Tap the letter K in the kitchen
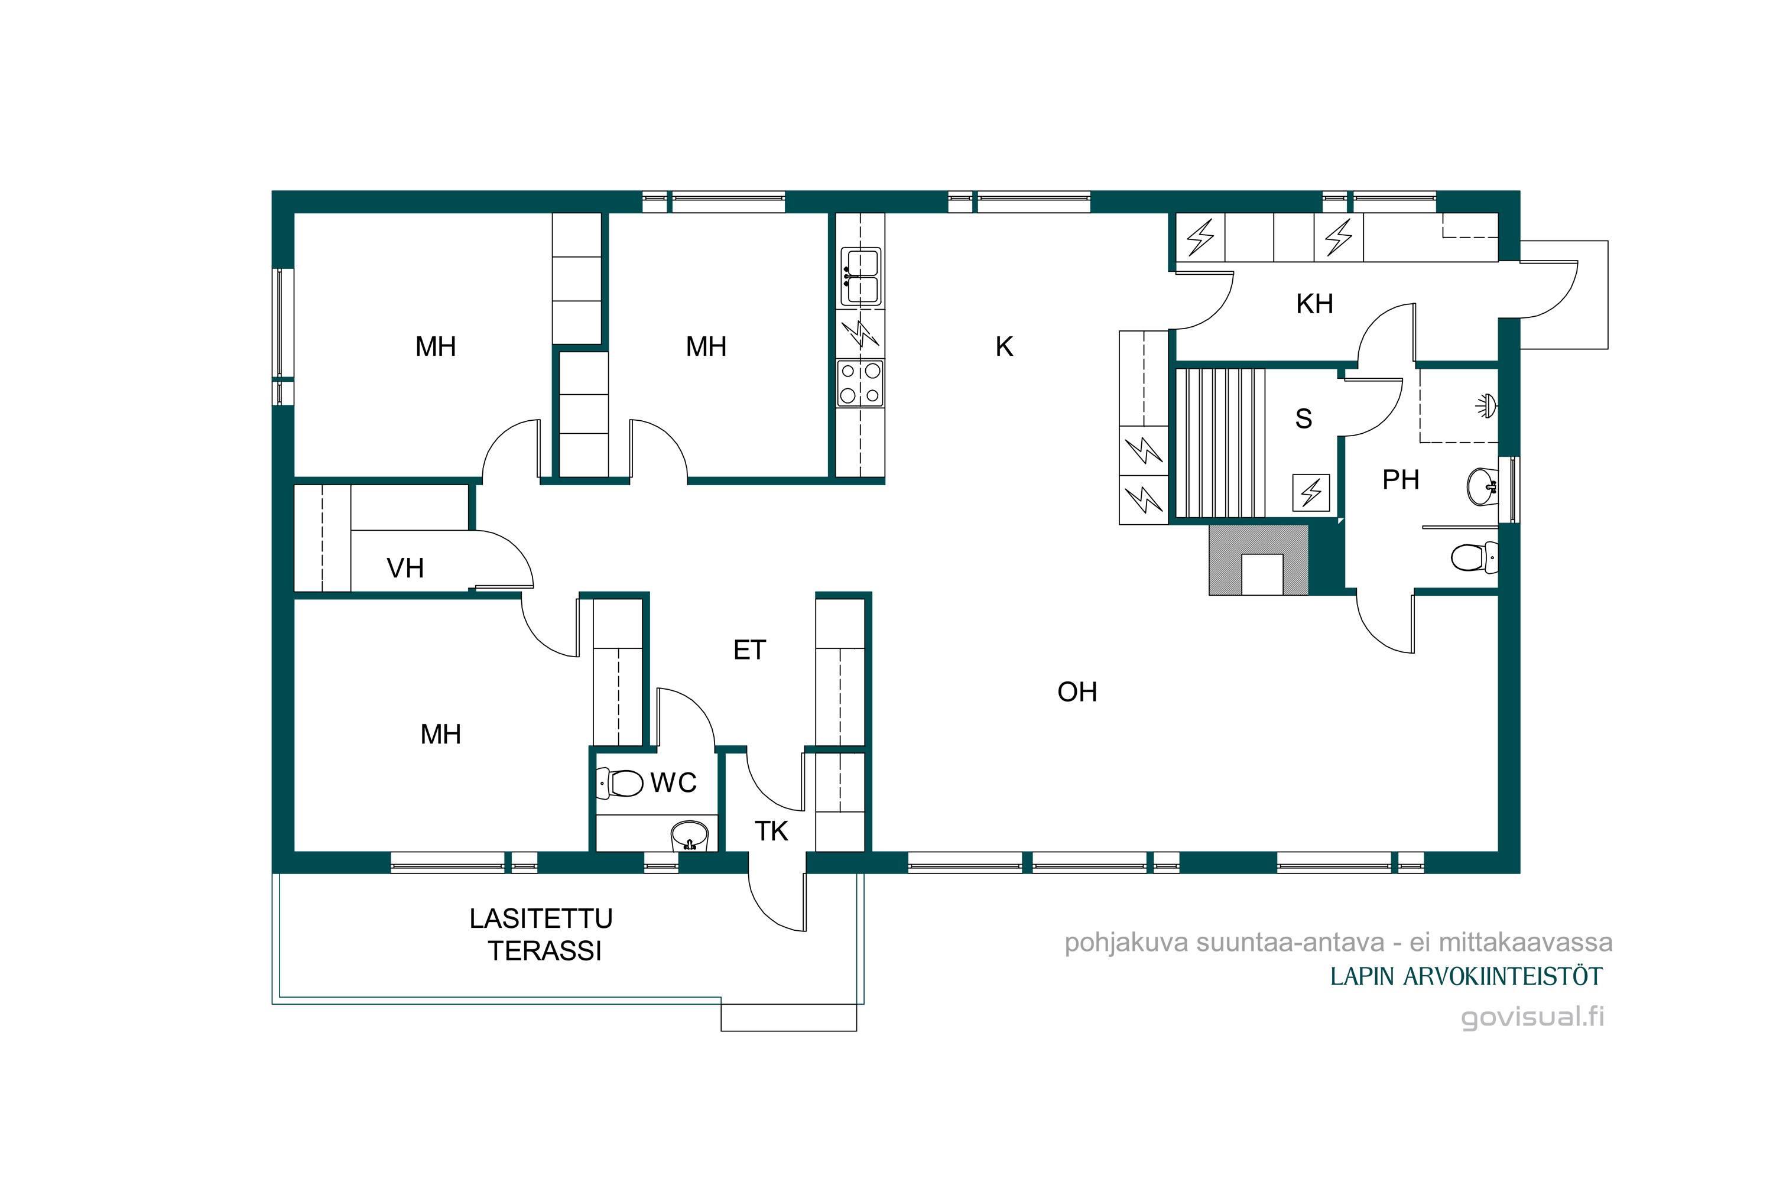click(1004, 347)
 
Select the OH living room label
click(1077, 692)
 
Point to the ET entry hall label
click(749, 650)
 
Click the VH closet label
click(405, 569)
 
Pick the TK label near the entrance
click(771, 832)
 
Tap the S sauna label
click(1303, 418)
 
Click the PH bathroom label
click(1401, 479)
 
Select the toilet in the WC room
click(619, 783)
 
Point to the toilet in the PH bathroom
click(1475, 558)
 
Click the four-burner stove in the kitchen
click(860, 384)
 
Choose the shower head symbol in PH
click(1486, 405)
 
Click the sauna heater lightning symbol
click(1311, 493)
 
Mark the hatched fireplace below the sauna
click(1258, 560)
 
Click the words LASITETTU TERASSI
click(542, 935)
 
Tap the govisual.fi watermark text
click(1532, 1017)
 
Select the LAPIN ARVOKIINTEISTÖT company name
click(1466, 977)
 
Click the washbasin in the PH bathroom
click(1482, 486)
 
